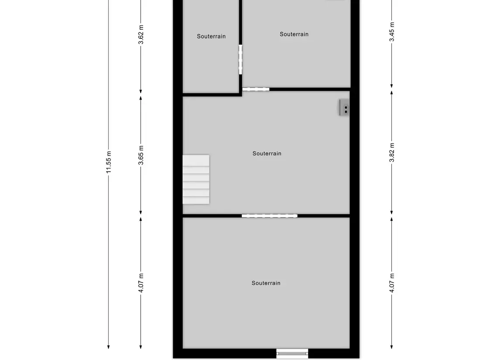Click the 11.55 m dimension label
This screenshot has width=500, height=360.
(108, 162)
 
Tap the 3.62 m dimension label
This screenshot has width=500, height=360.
(141, 35)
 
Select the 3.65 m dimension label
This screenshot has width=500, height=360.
(141, 155)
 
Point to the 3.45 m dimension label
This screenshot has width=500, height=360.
(392, 31)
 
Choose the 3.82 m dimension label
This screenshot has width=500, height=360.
(392, 152)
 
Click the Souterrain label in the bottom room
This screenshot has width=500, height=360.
(266, 283)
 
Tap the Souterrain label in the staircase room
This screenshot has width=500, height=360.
(267, 154)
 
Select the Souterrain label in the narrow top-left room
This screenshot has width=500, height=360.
(211, 36)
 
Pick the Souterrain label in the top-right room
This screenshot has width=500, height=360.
(294, 34)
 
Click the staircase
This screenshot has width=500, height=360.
(196, 179)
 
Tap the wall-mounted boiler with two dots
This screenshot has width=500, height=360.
(344, 107)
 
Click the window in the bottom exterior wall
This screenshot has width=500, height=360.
(292, 353)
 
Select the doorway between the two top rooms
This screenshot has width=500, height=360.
(241, 60)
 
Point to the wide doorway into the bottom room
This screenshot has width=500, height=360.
(269, 216)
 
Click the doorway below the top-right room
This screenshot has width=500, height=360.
(256, 89)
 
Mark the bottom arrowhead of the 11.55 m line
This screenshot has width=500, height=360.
(108, 347)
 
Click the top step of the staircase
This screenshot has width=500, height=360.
(196, 160)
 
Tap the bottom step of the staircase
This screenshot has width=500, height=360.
(196, 200)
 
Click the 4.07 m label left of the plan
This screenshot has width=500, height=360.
(141, 283)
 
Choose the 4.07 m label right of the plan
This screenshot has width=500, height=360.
(392, 283)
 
